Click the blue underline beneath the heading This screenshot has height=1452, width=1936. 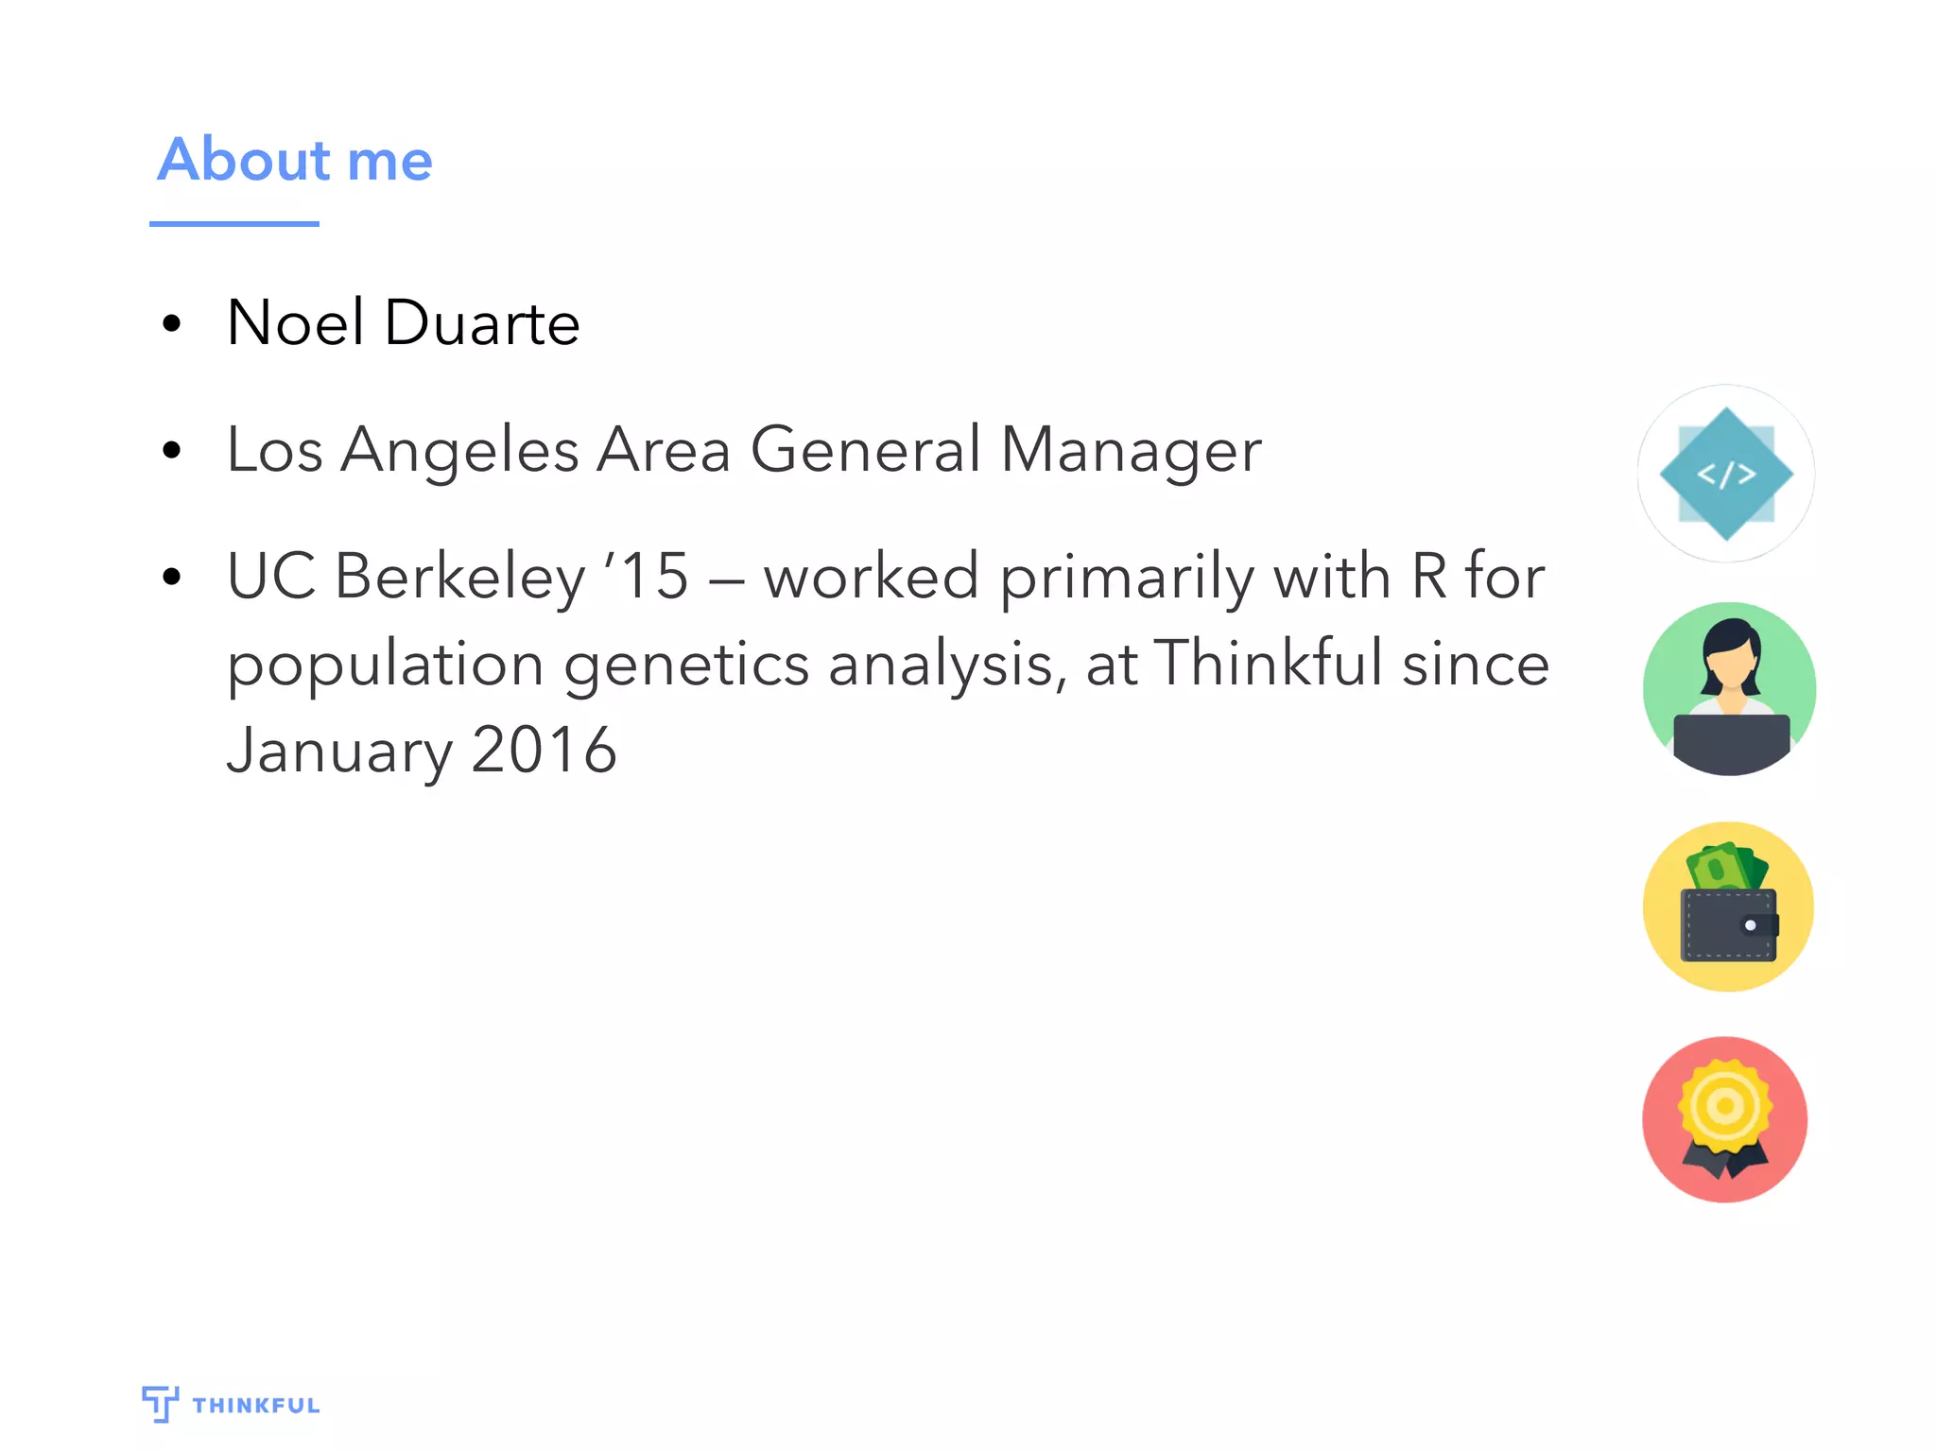(x=233, y=224)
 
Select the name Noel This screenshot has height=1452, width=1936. (x=295, y=323)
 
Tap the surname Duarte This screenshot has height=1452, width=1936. (x=482, y=323)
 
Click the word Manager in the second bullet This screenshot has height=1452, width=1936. (x=1131, y=451)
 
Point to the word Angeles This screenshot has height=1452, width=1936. (x=459, y=451)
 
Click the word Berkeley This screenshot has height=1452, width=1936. (x=460, y=577)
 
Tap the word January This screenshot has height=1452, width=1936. (x=340, y=751)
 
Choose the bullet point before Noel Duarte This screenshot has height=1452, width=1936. (x=171, y=324)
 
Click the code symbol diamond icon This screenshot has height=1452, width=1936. (x=1726, y=474)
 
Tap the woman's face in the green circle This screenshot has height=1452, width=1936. (x=1731, y=667)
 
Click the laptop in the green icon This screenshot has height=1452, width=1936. (x=1731, y=742)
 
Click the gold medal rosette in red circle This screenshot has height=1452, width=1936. (x=1725, y=1106)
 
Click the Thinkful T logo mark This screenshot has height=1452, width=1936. (x=160, y=1403)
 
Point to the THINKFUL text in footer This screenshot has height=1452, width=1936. (x=256, y=1406)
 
